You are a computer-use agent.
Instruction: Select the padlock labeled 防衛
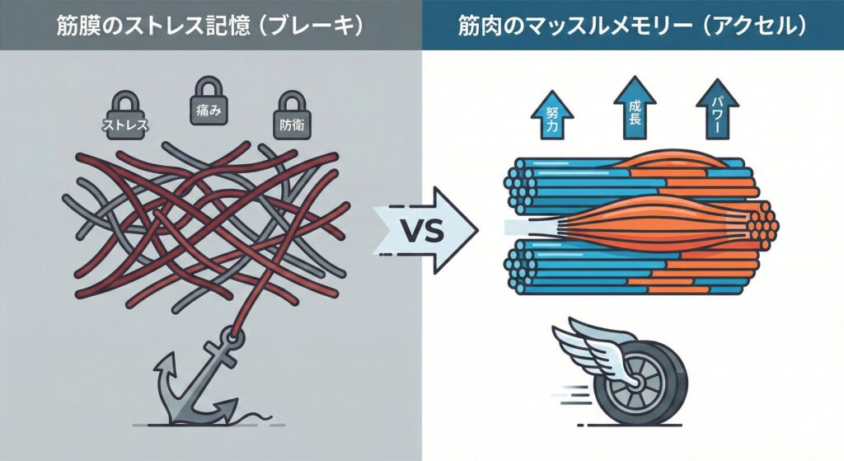(x=288, y=119)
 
